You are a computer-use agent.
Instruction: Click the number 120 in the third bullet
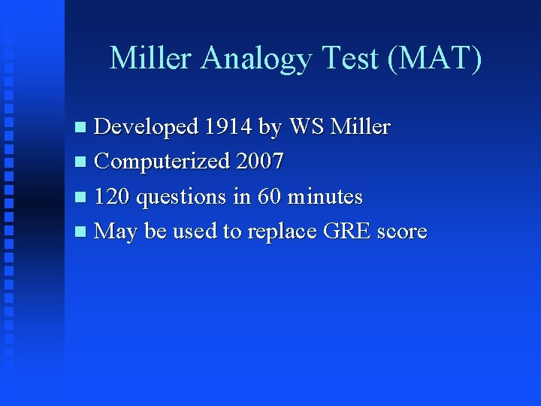coord(111,197)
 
